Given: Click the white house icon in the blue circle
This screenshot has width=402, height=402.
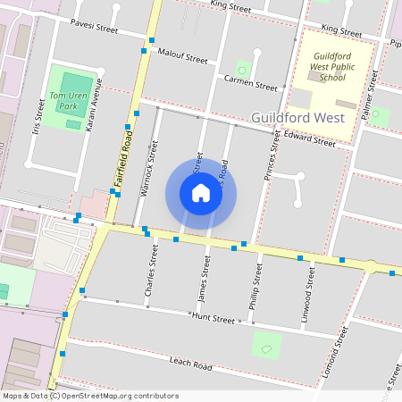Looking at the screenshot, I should coord(201,193).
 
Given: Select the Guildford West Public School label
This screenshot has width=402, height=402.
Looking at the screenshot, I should coord(326,67).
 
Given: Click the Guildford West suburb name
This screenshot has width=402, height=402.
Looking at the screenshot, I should coord(297,118).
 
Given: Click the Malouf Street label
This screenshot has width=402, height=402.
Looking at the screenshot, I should coord(181,55).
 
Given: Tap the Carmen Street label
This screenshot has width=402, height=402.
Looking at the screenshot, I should coord(251,83).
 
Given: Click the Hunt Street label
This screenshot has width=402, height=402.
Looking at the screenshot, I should coord(213,318).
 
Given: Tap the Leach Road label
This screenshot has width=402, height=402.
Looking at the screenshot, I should coord(190,363).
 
